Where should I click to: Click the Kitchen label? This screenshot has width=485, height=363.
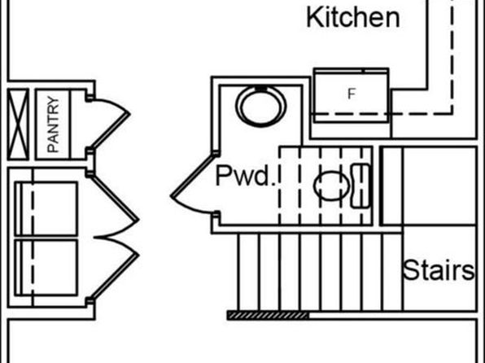(x=353, y=18)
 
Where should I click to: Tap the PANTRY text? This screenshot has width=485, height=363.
(x=53, y=125)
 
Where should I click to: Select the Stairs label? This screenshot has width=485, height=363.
(x=439, y=270)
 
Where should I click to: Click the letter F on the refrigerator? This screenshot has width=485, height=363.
(x=352, y=94)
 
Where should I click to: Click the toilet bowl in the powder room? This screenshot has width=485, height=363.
(x=331, y=186)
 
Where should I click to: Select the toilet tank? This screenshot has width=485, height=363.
(x=360, y=186)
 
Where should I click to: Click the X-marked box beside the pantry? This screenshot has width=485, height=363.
(x=18, y=125)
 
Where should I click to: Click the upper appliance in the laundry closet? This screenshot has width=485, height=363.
(x=46, y=209)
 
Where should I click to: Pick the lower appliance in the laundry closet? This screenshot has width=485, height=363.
(x=46, y=268)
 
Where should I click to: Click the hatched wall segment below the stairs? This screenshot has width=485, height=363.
(x=268, y=315)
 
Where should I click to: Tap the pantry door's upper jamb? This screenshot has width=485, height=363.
(x=90, y=98)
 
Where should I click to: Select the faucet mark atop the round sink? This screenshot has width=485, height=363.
(x=260, y=89)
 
